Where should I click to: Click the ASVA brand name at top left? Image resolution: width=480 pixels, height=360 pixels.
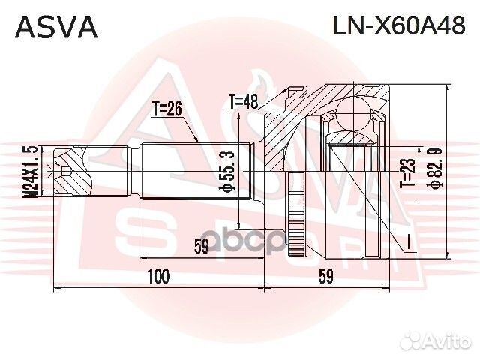click(x=57, y=27)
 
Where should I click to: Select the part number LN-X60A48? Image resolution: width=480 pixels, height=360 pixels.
click(x=399, y=26)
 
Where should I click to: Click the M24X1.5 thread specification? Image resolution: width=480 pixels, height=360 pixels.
click(x=30, y=172)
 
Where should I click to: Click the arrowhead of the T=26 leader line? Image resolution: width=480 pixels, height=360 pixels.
click(x=196, y=142)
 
